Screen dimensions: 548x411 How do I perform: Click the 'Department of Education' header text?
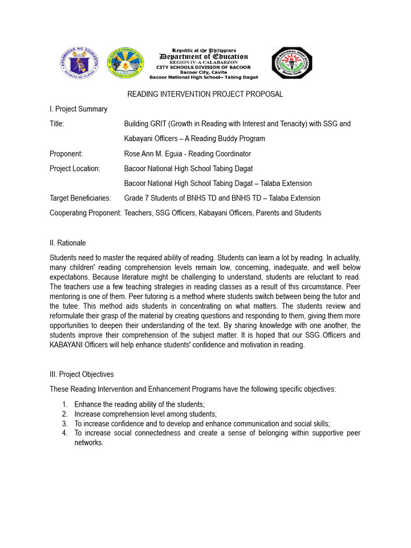click(204, 57)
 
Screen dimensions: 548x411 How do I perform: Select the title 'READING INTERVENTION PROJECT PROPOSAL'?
click(204, 95)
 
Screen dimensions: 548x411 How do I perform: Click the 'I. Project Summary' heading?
click(78, 109)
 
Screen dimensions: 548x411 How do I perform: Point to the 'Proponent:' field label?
click(66, 154)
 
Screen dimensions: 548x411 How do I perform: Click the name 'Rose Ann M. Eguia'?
click(155, 154)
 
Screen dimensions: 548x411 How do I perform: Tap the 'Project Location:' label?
click(75, 169)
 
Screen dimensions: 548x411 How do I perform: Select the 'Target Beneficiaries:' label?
click(80, 198)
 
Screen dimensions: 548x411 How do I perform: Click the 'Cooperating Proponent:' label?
click(86, 213)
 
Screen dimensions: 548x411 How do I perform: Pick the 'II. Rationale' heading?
click(67, 243)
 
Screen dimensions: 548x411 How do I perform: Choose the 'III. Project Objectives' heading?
click(81, 375)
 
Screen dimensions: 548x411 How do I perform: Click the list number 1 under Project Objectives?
click(64, 405)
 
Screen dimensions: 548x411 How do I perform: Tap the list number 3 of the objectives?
click(64, 423)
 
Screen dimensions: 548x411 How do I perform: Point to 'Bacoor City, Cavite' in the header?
click(204, 72)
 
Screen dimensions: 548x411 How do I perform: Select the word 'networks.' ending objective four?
click(88, 443)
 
